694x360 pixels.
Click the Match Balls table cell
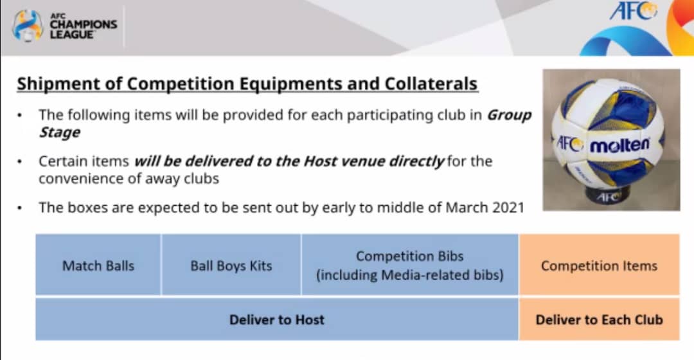98,265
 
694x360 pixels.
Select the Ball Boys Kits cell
231,265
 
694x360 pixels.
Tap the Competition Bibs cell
410,265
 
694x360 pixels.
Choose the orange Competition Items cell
600,265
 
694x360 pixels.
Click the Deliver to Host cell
276,319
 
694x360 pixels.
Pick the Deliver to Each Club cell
600,319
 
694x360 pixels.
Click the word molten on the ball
619,145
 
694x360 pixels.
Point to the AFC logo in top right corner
633,11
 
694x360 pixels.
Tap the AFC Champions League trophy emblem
28,26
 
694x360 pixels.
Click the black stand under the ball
609,195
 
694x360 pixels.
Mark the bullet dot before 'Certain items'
19,161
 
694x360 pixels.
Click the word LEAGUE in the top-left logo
72,35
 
